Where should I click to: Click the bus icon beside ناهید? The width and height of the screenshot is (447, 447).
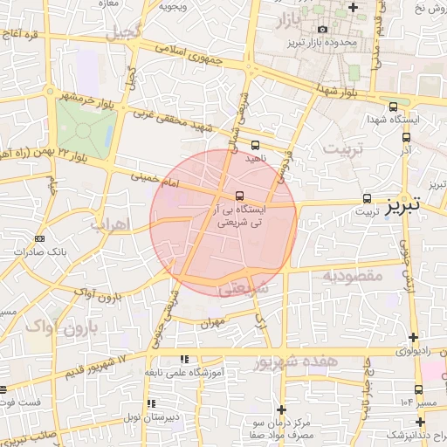255,145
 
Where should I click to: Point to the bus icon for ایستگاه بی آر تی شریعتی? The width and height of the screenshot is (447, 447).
240,196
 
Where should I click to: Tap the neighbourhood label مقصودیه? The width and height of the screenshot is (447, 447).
354,276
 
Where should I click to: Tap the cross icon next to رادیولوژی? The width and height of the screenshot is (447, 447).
414,338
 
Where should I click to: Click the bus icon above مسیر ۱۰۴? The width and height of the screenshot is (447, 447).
418,389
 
